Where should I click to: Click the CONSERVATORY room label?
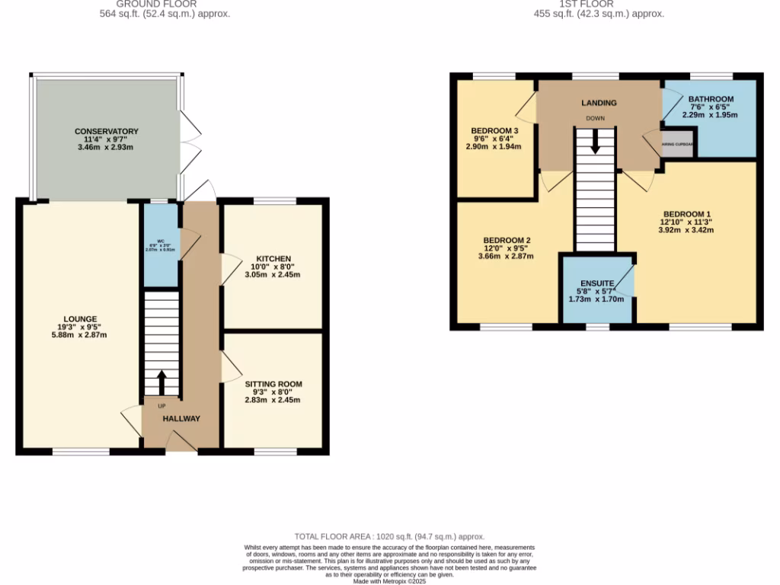click(x=107, y=131)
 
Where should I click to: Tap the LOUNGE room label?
click(x=81, y=318)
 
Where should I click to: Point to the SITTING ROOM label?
click(x=273, y=384)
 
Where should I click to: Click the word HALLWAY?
click(x=181, y=418)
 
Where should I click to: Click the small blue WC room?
click(x=161, y=246)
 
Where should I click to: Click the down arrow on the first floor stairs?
click(x=594, y=140)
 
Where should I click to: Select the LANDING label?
click(x=599, y=103)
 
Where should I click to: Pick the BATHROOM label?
click(x=711, y=99)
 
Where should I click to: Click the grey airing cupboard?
click(x=676, y=143)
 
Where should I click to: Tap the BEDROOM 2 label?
click(x=507, y=240)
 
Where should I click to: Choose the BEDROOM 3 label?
click(x=494, y=130)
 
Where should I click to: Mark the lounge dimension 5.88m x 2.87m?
click(x=81, y=336)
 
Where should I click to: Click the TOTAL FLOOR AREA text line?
click(x=389, y=537)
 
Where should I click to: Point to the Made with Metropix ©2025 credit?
click(x=390, y=581)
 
